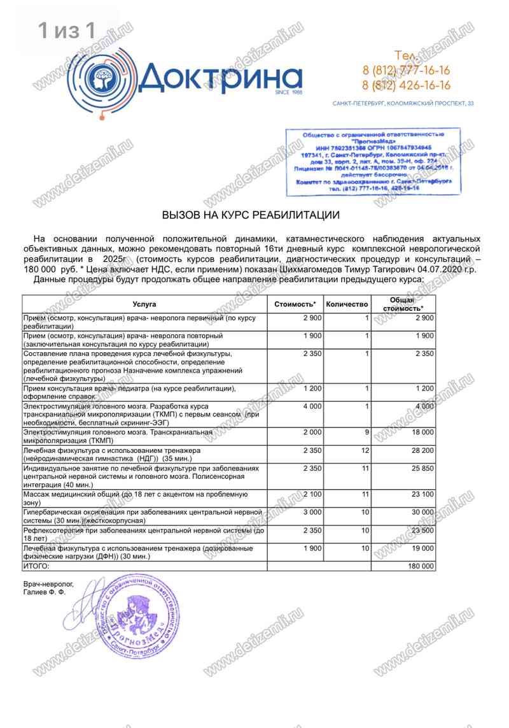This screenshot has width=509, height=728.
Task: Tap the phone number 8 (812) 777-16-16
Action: pyautogui.click(x=406, y=70)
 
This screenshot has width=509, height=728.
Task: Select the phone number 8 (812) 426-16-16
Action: pyautogui.click(x=406, y=85)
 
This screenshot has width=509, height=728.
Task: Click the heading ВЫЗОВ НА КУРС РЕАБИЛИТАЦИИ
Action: pyautogui.click(x=251, y=215)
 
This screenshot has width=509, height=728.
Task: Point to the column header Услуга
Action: pyautogui.click(x=144, y=304)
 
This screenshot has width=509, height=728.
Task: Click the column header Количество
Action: pyautogui.click(x=347, y=304)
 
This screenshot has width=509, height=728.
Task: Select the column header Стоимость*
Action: pyautogui.click(x=295, y=304)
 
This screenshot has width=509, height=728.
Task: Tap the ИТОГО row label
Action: pyautogui.click(x=36, y=566)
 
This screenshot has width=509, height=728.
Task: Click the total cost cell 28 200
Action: pyautogui.click(x=420, y=450)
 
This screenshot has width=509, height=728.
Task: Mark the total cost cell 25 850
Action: pyautogui.click(x=420, y=468)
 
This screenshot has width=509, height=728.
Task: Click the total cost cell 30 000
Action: pyautogui.click(x=420, y=511)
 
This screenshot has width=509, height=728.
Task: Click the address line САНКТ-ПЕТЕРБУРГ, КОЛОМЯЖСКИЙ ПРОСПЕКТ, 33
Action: pyautogui.click(x=403, y=103)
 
